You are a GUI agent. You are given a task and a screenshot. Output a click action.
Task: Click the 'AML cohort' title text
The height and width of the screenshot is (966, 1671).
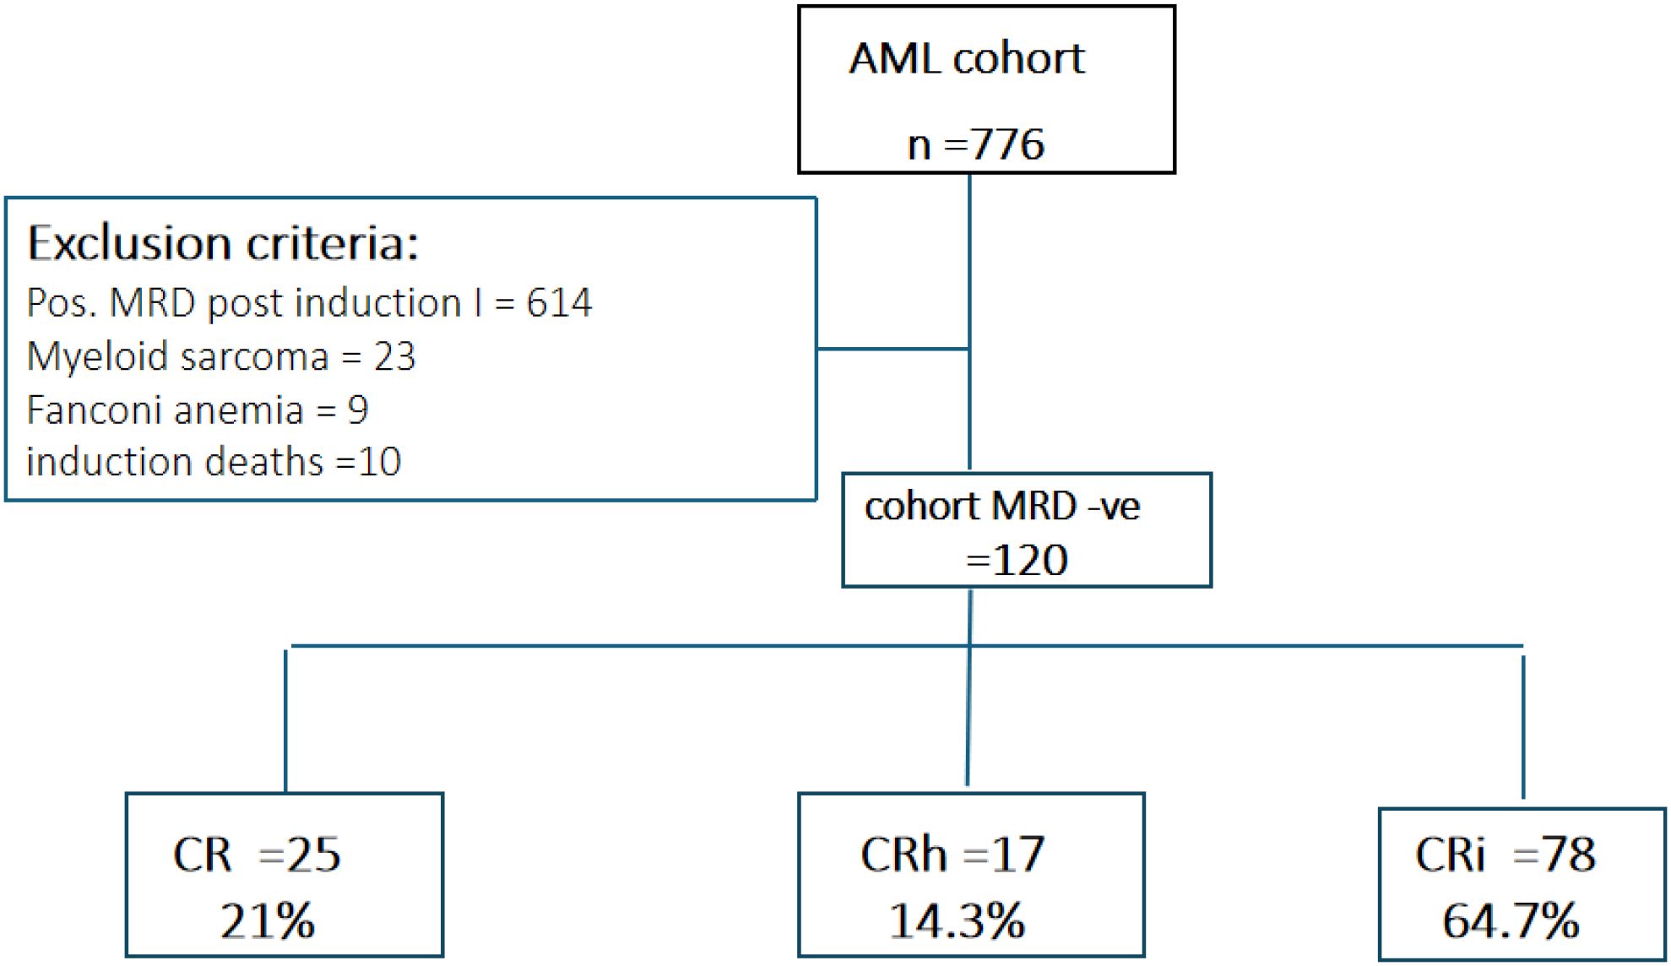click(x=966, y=59)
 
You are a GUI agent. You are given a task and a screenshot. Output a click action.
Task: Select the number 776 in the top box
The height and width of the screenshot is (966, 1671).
click(x=1008, y=144)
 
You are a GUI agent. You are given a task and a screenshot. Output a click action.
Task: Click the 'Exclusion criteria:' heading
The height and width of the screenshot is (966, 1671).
click(x=223, y=244)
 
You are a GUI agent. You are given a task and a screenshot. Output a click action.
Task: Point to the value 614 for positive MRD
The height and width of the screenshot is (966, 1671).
click(x=559, y=303)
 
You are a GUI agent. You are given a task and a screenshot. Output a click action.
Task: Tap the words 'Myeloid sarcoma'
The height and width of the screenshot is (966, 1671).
click(x=177, y=356)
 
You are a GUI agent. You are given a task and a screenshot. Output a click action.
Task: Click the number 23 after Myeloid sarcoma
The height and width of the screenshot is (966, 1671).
click(x=394, y=356)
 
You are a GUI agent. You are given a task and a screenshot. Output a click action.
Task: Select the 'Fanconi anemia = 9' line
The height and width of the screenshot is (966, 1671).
click(x=198, y=410)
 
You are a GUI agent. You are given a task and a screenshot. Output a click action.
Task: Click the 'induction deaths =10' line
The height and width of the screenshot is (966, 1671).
click(x=214, y=462)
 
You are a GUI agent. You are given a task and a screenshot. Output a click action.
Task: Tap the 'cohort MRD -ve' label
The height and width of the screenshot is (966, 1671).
click(x=1001, y=507)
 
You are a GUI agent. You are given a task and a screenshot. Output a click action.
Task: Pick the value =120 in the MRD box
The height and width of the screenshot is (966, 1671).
click(x=1017, y=560)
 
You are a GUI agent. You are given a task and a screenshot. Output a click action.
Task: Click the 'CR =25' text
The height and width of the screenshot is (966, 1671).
click(x=257, y=855)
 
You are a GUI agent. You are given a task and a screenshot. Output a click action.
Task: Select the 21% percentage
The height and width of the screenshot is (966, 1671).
click(x=268, y=920)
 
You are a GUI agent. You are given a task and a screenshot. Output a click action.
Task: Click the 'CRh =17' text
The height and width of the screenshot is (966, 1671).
click(x=952, y=855)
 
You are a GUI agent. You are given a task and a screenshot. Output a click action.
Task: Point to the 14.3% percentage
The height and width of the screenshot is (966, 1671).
click(x=957, y=920)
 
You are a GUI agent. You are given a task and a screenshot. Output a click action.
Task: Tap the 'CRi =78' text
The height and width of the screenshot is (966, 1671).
click(x=1506, y=855)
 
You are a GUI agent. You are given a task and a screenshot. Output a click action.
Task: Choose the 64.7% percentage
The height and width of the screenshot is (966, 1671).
click(x=1511, y=920)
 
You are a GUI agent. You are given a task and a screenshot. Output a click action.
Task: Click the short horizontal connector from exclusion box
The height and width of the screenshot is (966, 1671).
click(x=892, y=348)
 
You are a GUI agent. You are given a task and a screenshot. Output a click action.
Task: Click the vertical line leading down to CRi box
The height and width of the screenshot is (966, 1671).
click(x=1523, y=726)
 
